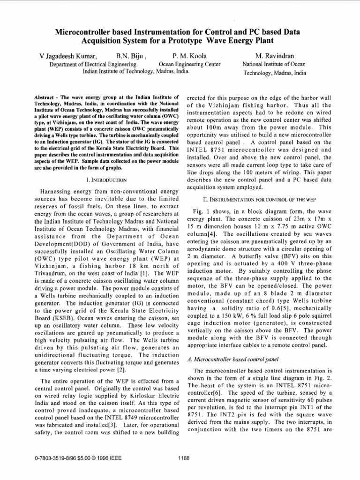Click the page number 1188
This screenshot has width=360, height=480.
[x=183, y=458]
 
